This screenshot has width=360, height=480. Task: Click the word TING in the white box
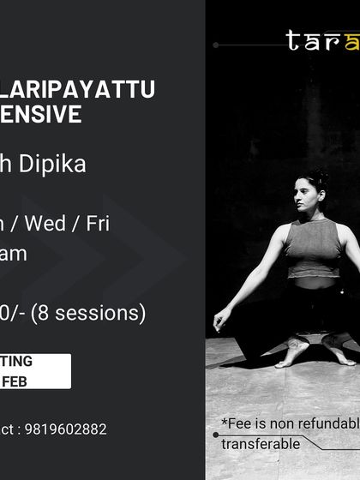17,362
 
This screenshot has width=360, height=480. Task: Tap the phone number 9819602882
67,429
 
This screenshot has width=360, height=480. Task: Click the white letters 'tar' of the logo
312,40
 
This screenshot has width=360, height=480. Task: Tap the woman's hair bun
321,177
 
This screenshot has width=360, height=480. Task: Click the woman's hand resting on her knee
221,321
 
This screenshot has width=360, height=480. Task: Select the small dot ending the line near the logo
216,45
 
